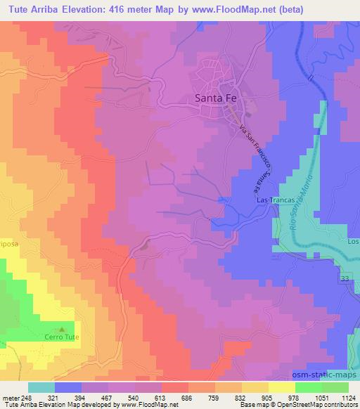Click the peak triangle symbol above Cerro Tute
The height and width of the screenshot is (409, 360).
coord(61,328)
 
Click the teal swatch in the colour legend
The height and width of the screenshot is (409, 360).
coord(41,387)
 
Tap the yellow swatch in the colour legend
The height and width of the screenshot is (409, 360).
coord(282,387)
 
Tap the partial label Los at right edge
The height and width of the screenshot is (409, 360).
coord(353,241)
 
